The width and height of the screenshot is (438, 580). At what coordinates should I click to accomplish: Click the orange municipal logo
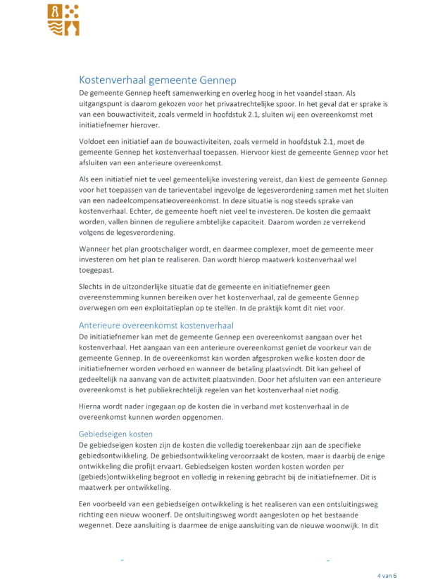(64, 20)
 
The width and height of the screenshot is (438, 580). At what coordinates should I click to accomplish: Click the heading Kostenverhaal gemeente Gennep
(157, 79)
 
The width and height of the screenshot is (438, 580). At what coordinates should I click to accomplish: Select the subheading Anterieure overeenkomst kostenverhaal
(156, 325)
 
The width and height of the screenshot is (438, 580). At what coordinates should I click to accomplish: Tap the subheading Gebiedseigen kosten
(115, 434)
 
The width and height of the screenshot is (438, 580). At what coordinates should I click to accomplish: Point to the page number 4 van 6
(387, 556)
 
